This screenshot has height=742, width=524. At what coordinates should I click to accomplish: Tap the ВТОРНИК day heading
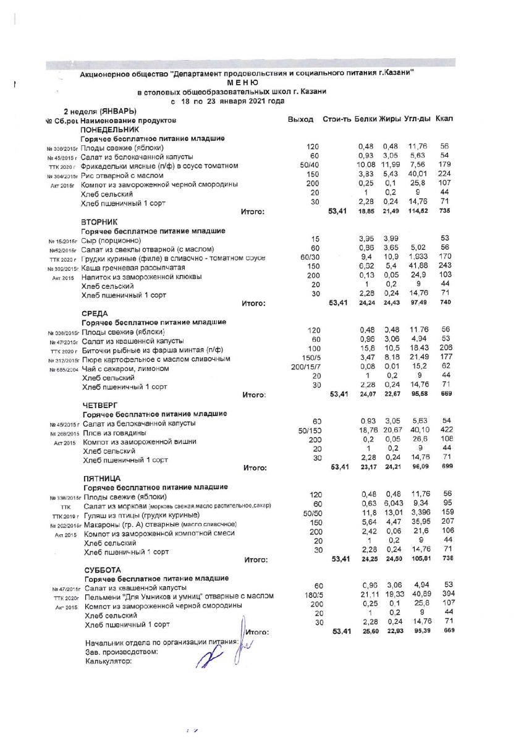click(x=99, y=221)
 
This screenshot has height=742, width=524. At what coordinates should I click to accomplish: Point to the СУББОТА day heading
click(x=103, y=569)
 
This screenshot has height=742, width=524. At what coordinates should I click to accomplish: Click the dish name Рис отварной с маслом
click(x=122, y=176)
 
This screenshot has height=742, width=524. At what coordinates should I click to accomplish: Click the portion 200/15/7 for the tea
click(x=310, y=367)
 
